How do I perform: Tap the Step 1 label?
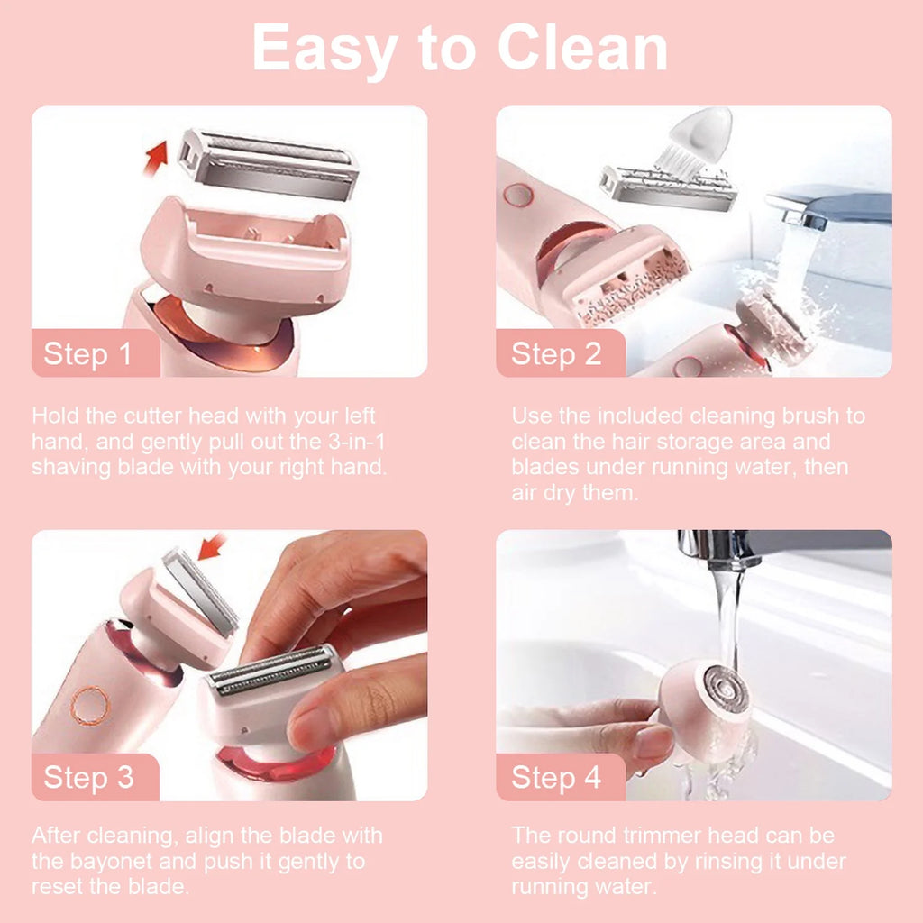pyautogui.click(x=88, y=353)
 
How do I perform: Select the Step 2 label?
pyautogui.click(x=556, y=353)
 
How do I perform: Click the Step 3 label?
pyautogui.click(x=88, y=777)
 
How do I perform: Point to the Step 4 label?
pyautogui.click(x=556, y=777)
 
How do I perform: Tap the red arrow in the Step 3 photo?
pyautogui.click(x=214, y=546)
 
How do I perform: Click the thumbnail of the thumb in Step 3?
pyautogui.click(x=311, y=727)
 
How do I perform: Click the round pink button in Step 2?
pyautogui.click(x=516, y=194)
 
